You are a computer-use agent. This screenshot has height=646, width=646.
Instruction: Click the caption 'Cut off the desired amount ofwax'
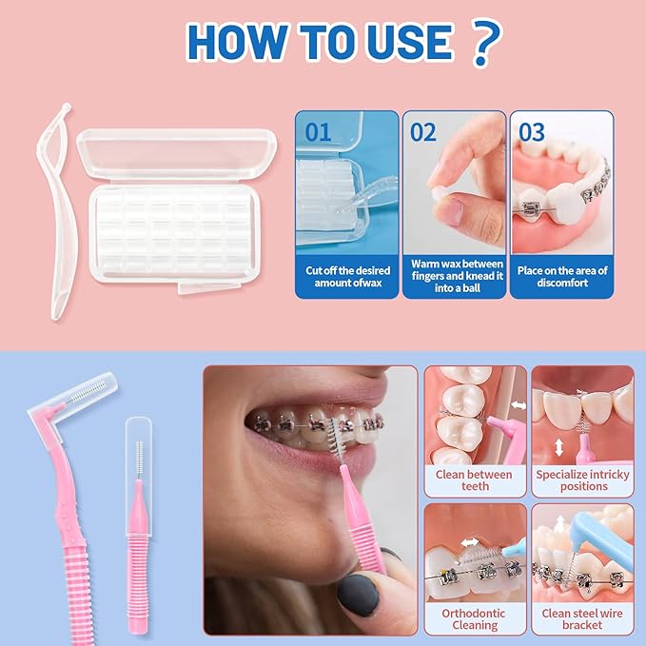pos(346,276)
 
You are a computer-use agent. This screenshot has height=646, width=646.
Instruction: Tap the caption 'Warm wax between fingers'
pos(455,276)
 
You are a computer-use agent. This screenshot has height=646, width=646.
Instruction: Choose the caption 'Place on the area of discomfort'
pos(562,276)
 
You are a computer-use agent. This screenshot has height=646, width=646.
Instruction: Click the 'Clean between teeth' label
pos(475,480)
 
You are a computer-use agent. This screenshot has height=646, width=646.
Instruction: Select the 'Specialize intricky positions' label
pos(583,480)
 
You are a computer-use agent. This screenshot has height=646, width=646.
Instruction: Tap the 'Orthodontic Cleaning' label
pos(475,619)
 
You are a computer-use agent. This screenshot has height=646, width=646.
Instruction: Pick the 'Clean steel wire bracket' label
pos(583,619)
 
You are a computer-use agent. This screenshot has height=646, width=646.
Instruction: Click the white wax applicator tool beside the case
pos(59,209)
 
